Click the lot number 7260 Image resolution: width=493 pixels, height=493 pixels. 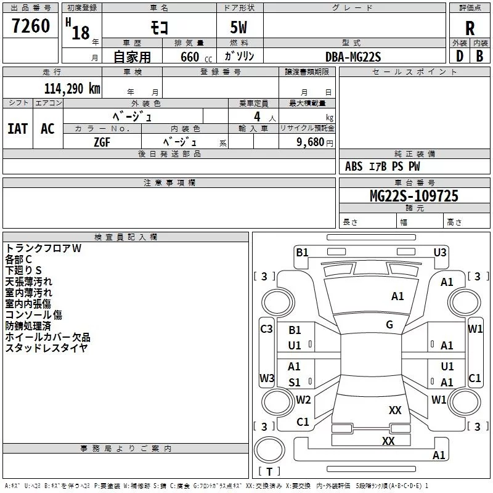click(x=31, y=26)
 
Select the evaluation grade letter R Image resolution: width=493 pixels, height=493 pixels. click(x=470, y=28)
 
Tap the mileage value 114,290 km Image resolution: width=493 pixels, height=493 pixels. click(x=72, y=89)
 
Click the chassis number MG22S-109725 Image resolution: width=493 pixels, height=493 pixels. click(x=414, y=196)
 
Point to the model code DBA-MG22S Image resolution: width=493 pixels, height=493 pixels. click(x=353, y=57)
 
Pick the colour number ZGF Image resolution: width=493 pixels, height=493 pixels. click(x=102, y=142)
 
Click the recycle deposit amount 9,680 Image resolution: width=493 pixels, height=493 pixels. click(x=311, y=142)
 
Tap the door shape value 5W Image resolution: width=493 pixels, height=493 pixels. click(x=238, y=27)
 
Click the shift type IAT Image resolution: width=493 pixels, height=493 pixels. click(x=18, y=129)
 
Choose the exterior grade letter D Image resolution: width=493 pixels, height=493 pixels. click(x=460, y=56)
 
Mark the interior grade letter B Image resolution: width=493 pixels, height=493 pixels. click(x=479, y=56)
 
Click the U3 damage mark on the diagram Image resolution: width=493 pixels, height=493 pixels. click(x=440, y=253)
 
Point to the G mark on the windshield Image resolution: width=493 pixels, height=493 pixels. click(x=389, y=325)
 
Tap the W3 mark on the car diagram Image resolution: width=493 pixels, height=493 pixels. click(x=267, y=378)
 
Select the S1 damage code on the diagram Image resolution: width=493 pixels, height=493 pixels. click(x=295, y=382)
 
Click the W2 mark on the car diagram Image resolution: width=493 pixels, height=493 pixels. click(x=303, y=399)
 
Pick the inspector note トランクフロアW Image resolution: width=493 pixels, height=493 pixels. click(x=43, y=248)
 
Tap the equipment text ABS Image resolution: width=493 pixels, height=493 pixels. click(x=354, y=166)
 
